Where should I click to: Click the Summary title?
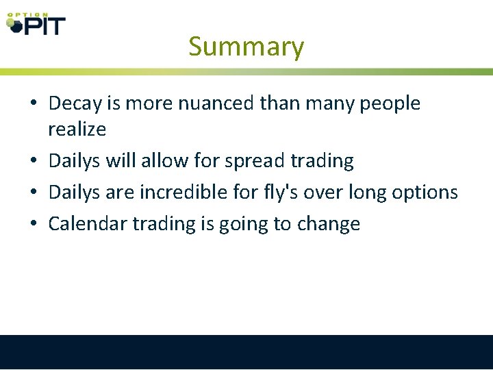tap(246, 47)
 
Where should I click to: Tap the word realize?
tap(77, 128)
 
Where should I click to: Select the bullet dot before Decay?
tap(33, 104)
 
